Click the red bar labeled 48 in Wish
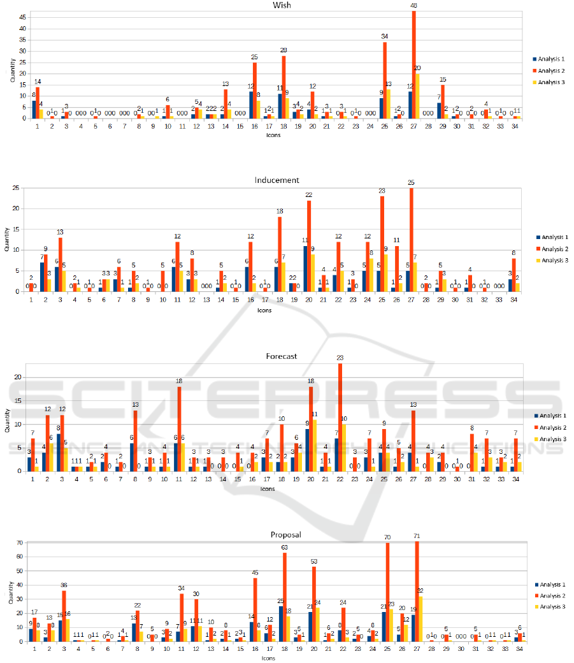(x=414, y=64)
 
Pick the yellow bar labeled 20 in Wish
(x=418, y=96)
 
